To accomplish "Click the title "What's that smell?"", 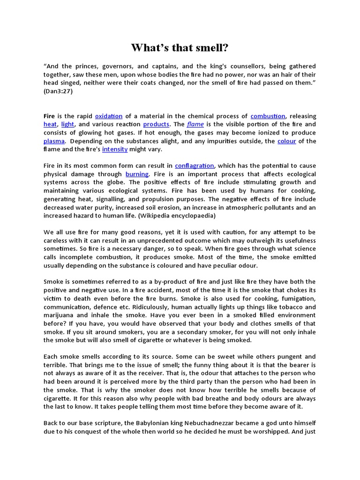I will click(180, 48).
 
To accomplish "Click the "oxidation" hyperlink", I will click(108, 116).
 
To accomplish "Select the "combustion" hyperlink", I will click(268, 116).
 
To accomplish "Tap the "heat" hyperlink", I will click(50, 125).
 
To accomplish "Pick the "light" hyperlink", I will click(67, 125).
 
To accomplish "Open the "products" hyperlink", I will click(156, 125).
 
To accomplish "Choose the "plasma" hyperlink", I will click(54, 141).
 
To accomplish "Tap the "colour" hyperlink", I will click(286, 141).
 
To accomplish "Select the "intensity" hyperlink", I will click(115, 150).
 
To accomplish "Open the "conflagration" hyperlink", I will click(195, 166).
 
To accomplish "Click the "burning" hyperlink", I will click(137, 174).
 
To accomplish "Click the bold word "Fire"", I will click(49, 116).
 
